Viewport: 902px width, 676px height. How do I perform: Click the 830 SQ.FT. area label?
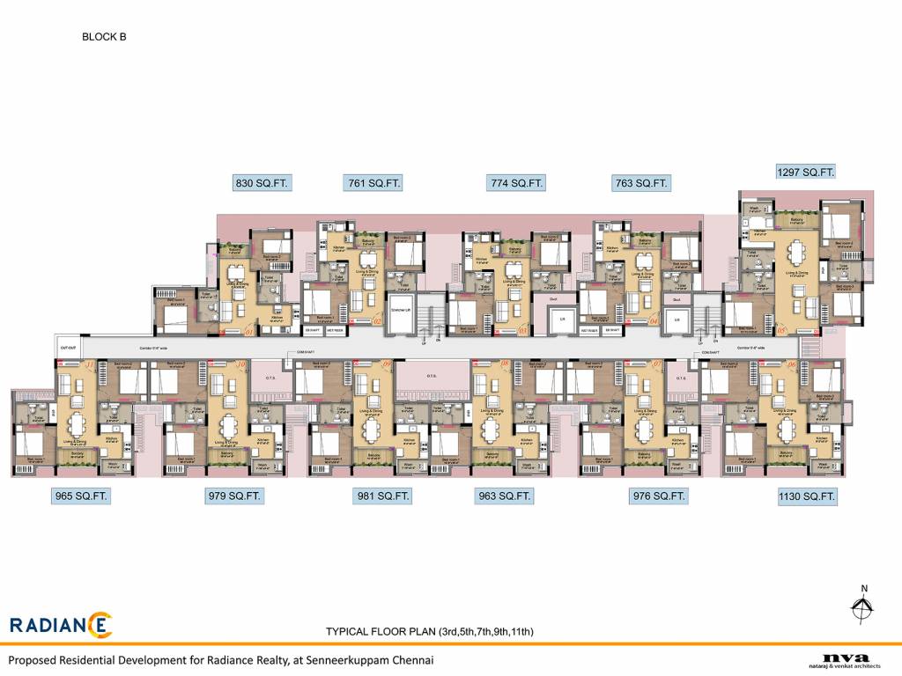pyautogui.click(x=262, y=184)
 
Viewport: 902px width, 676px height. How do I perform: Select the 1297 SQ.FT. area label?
pyautogui.click(x=805, y=172)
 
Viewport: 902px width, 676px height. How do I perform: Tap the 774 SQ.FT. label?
pyautogui.click(x=516, y=184)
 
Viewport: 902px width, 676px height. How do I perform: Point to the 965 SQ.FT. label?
pyautogui.click(x=80, y=496)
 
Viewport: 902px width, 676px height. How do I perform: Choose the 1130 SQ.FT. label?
pyautogui.click(x=806, y=497)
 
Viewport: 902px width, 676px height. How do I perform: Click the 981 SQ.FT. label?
pyautogui.click(x=382, y=496)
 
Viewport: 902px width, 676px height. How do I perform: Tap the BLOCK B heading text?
pyautogui.click(x=104, y=37)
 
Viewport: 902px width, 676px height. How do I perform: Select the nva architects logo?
pyautogui.click(x=845, y=659)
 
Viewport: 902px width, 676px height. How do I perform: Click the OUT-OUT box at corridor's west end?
pyautogui.click(x=69, y=347)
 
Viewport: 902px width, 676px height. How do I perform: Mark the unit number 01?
pyautogui.click(x=249, y=332)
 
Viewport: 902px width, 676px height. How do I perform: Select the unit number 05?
pyautogui.click(x=781, y=332)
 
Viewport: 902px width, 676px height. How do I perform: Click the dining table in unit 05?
pyautogui.click(x=798, y=254)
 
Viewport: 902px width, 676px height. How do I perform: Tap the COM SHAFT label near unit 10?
pyautogui.click(x=295, y=353)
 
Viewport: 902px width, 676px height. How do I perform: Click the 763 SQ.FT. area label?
pyautogui.click(x=640, y=184)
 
